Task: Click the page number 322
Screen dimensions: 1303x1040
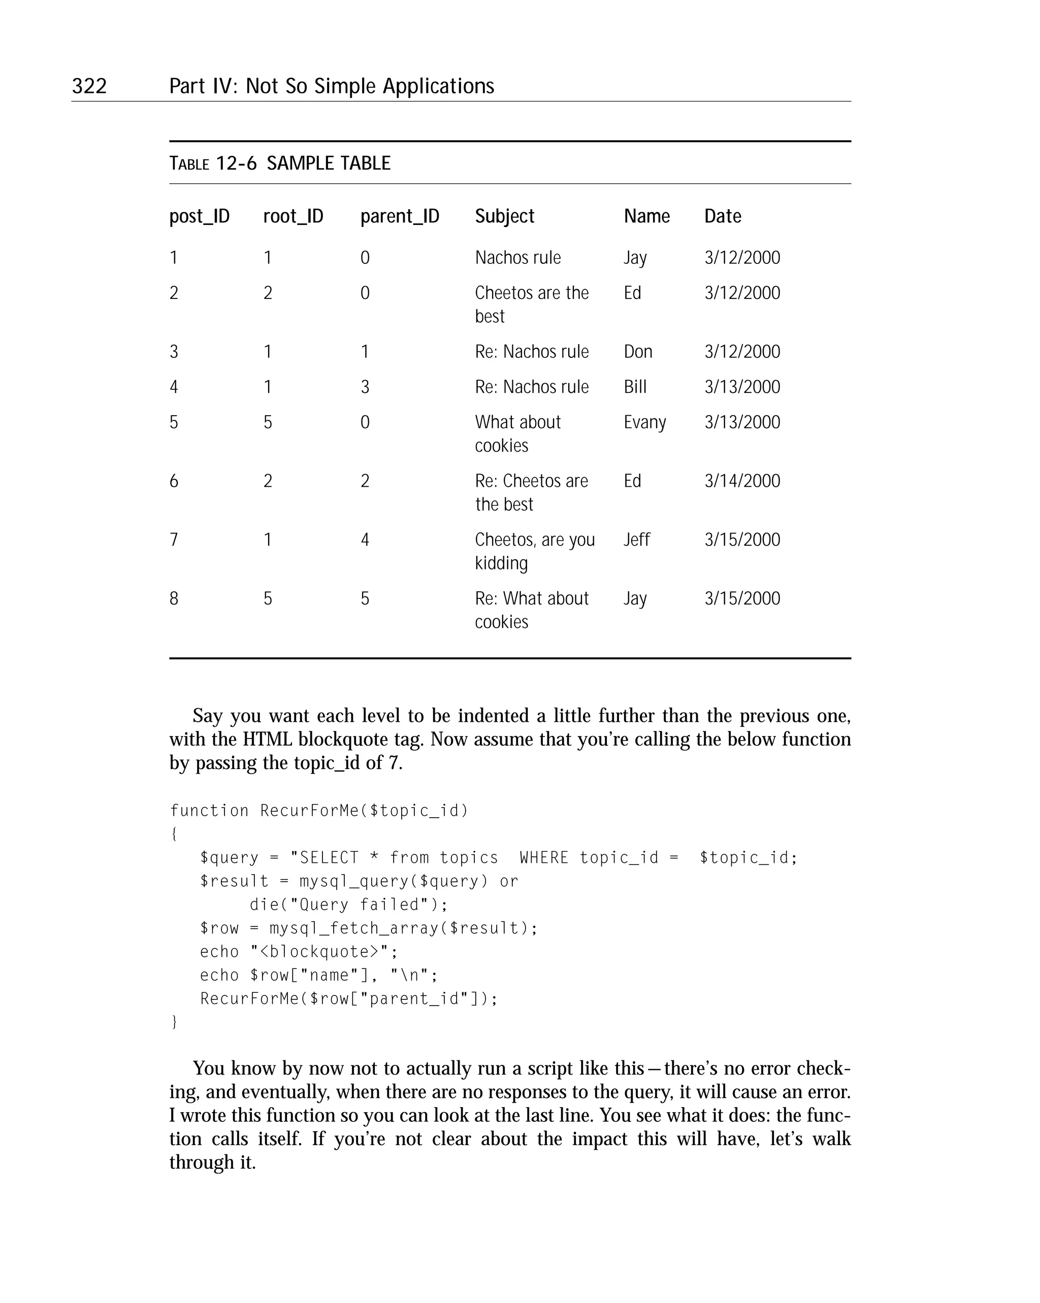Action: [x=89, y=86]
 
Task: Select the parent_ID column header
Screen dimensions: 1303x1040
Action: [x=400, y=216]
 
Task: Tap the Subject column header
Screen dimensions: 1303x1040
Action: [x=504, y=216]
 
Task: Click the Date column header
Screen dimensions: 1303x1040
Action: [x=723, y=216]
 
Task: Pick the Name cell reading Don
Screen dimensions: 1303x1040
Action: [x=637, y=352]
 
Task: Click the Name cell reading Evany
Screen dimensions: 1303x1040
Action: [x=644, y=422]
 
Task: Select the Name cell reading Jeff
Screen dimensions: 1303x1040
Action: [x=637, y=540]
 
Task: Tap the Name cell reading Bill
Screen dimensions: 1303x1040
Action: [x=635, y=387]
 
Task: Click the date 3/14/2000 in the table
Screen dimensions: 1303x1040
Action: [x=742, y=481]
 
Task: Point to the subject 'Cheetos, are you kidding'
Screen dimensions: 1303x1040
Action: [x=535, y=551]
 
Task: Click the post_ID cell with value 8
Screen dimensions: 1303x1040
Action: [x=174, y=598]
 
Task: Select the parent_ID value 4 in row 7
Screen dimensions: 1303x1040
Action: [x=365, y=540]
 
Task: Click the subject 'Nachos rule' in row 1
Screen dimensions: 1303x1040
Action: [x=517, y=258]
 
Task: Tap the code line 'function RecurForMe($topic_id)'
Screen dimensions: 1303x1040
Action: [x=318, y=811]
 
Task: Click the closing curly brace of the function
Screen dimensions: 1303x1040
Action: [x=174, y=1022]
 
